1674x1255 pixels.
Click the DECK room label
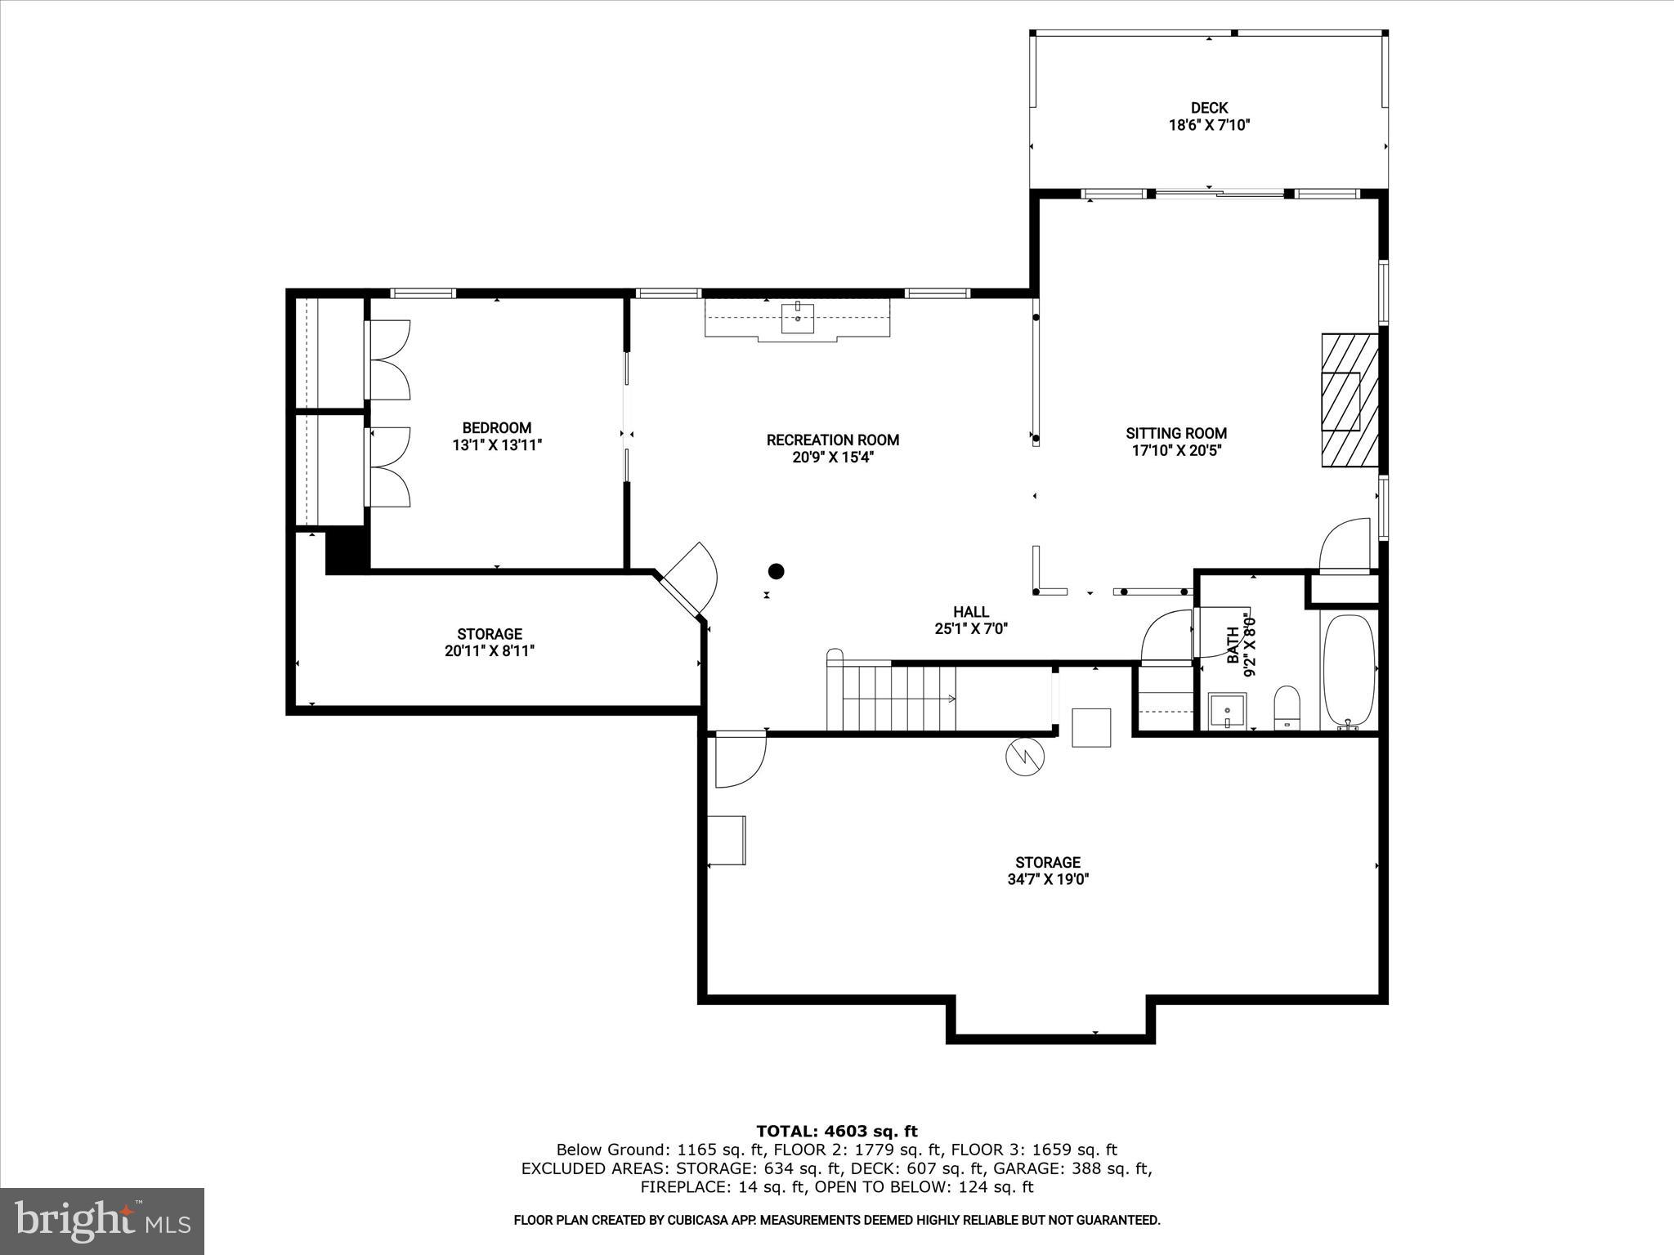[1209, 108]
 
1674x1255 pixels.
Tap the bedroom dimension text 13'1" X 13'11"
[497, 445]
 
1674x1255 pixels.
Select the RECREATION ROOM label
[832, 440]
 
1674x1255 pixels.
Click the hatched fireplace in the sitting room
[1349, 400]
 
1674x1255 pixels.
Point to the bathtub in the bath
[1349, 672]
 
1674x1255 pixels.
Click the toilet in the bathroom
[1287, 708]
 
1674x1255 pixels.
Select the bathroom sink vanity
[1227, 710]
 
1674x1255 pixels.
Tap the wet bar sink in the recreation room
[797, 319]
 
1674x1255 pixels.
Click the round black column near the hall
[776, 571]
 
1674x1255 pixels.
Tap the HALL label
[971, 611]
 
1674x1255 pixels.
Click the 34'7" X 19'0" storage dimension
[1048, 880]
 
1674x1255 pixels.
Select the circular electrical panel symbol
[1025, 757]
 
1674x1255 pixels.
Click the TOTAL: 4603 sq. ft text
[836, 1131]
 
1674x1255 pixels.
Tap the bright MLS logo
[101, 1222]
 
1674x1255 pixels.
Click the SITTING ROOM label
[1176, 433]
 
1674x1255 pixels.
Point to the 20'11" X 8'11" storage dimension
[490, 651]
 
